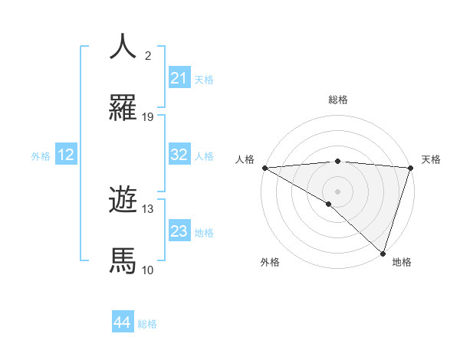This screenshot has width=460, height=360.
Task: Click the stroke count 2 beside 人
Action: [147, 55]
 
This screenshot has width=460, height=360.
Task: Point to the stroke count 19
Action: [148, 117]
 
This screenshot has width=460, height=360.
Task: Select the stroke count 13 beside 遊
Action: [148, 208]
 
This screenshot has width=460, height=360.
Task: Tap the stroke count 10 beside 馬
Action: [148, 270]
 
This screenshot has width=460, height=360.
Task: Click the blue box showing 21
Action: [179, 78]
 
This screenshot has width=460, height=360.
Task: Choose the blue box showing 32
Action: [179, 155]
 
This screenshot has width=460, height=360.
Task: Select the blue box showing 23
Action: [179, 231]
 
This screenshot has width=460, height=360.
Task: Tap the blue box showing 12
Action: [66, 155]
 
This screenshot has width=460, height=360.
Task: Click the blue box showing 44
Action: [123, 322]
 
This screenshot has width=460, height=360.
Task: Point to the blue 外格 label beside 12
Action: [41, 156]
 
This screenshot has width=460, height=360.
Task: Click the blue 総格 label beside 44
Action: [147, 324]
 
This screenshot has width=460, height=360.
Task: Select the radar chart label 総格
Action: [338, 100]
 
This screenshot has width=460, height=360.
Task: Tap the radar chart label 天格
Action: [432, 159]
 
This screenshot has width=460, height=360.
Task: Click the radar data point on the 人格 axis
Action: [264, 167]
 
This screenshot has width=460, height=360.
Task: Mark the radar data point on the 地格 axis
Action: [383, 253]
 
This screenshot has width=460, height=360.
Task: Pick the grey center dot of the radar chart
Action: [337, 191]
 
